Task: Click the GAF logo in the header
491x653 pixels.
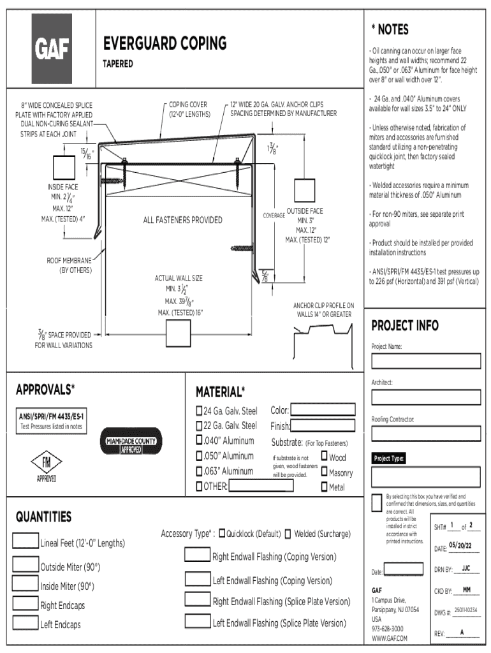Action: click(x=52, y=49)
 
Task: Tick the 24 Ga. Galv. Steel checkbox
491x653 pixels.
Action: click(x=198, y=410)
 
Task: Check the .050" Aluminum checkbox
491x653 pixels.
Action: click(x=198, y=456)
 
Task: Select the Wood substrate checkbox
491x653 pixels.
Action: click(x=325, y=456)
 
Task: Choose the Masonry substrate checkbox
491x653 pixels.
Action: click(x=325, y=472)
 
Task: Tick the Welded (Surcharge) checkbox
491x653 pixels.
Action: click(x=288, y=534)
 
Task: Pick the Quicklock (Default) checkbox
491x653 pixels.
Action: click(x=221, y=534)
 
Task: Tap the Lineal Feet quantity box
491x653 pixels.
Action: click(x=25, y=541)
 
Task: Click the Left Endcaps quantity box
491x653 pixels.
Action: click(x=25, y=623)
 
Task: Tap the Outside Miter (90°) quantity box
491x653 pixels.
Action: click(x=25, y=565)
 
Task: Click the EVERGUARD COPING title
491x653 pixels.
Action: click(x=165, y=43)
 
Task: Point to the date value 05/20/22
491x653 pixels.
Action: click(x=460, y=545)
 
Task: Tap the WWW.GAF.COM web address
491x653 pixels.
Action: click(x=389, y=638)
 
